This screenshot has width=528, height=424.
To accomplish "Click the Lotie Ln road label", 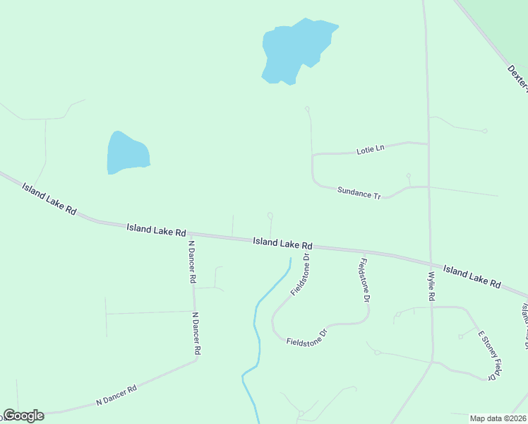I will (x=370, y=149).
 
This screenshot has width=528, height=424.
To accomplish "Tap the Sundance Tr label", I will (x=359, y=192).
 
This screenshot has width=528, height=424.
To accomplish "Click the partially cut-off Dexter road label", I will (x=517, y=78).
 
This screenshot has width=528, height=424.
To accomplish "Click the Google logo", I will (x=23, y=416).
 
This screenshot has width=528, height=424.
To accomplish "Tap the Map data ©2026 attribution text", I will (x=498, y=418).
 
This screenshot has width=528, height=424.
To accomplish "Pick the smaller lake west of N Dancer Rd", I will (x=126, y=153).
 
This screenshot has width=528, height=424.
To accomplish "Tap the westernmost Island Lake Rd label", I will (x=49, y=199).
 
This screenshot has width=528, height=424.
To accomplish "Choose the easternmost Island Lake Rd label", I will (x=472, y=276).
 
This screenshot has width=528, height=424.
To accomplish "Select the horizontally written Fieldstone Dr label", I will (x=307, y=337).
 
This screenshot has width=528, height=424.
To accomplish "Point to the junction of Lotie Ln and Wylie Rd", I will (x=428, y=144).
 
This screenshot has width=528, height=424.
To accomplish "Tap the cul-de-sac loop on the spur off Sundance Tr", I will (x=408, y=175).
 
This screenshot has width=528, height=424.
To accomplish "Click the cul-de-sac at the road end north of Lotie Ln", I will (x=307, y=108).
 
